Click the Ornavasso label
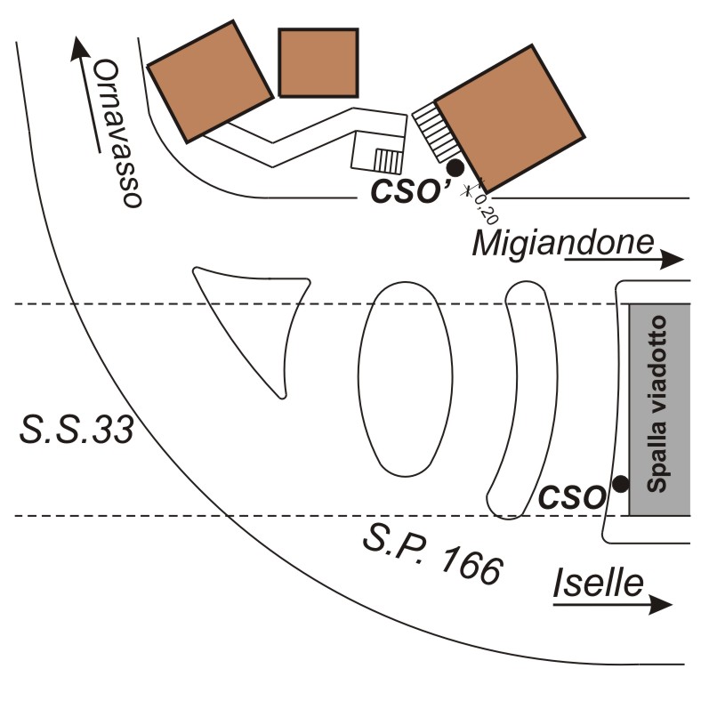118,133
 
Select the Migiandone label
563,242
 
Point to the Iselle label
599,584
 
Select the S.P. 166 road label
432,557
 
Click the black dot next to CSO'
455,166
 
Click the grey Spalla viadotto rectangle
659,409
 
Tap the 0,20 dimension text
485,210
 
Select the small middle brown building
318,62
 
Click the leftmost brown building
210,79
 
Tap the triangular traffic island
257,320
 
